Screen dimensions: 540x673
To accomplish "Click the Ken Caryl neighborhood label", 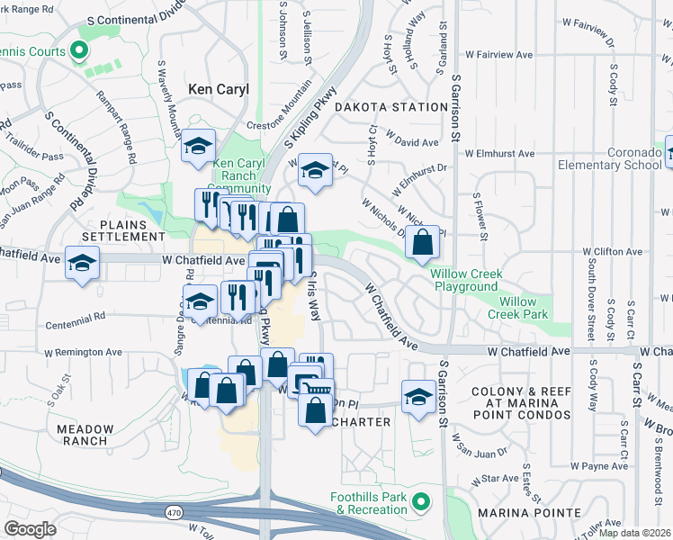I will click(x=219, y=89).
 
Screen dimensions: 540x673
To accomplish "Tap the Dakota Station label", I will click(x=390, y=107).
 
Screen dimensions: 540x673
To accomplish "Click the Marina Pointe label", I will click(x=529, y=513).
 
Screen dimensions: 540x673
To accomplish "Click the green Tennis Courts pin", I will click(x=78, y=51).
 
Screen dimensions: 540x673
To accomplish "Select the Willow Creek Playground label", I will click(x=465, y=279).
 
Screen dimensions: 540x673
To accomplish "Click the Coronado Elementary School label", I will click(x=609, y=158).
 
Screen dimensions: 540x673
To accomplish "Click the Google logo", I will click(x=30, y=529).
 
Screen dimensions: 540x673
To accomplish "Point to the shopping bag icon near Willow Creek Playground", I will click(x=422, y=242).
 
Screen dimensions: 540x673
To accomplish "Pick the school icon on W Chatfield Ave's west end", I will click(x=82, y=263).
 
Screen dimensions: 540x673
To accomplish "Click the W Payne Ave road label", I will click(x=604, y=465).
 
